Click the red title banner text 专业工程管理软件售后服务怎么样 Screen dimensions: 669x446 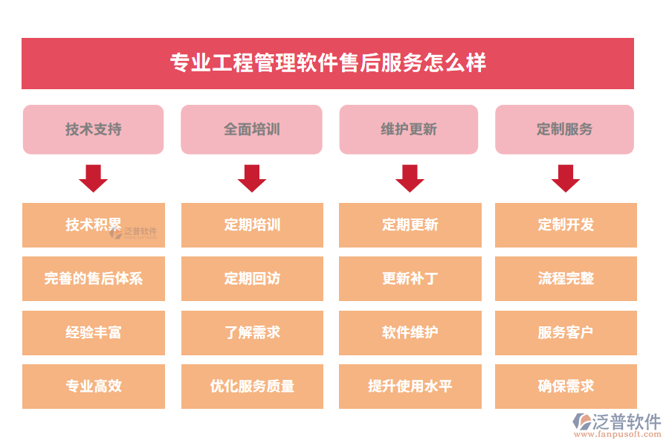(328, 62)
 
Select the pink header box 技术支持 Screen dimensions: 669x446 (94, 129)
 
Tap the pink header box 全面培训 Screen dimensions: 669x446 (252, 129)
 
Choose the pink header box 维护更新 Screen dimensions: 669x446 (409, 129)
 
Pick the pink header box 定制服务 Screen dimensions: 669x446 (564, 129)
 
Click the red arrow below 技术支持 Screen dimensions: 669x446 (94, 178)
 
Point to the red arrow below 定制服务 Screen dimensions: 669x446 (566, 178)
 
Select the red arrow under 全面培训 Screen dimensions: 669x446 (252, 178)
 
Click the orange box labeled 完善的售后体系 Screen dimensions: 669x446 (94, 279)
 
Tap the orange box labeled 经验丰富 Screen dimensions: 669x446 (94, 333)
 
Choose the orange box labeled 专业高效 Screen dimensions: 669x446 (94, 387)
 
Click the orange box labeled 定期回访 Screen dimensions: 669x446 (252, 279)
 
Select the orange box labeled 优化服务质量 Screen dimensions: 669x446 (252, 387)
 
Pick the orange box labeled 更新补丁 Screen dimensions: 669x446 (410, 279)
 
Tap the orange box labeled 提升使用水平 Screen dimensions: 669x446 (410, 387)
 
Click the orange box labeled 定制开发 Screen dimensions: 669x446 (566, 225)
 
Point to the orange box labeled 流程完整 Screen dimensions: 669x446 (566, 279)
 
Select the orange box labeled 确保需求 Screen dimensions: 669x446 (566, 387)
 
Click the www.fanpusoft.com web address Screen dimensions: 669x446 (618, 434)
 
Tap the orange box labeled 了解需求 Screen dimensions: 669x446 (252, 333)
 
